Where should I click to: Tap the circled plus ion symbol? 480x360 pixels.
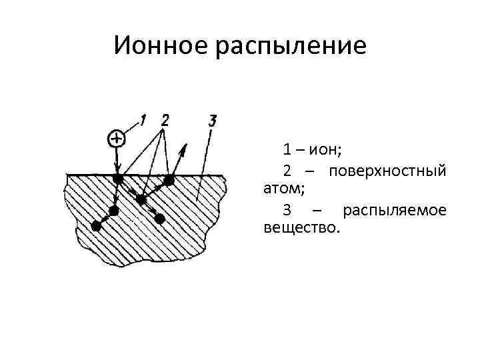(117, 138)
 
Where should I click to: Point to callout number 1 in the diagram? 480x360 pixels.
(143, 120)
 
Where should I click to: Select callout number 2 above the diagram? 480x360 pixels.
(164, 120)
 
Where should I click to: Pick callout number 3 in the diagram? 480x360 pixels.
(211, 121)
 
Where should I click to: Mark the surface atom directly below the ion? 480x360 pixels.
(117, 179)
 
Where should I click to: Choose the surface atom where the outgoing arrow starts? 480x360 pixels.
(169, 179)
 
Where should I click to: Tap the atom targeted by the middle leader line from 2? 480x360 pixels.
(141, 199)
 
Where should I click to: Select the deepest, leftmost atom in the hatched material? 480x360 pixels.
(96, 226)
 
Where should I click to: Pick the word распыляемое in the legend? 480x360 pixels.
(393, 210)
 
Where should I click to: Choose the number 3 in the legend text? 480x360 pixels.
(286, 210)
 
